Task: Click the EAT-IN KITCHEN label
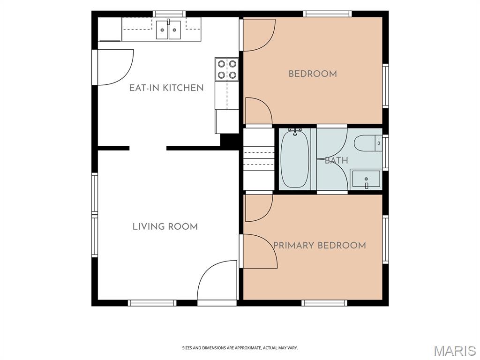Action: click(166, 88)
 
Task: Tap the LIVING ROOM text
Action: click(165, 226)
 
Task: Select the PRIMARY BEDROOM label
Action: click(319, 245)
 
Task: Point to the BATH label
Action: click(336, 160)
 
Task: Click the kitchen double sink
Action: click(168, 30)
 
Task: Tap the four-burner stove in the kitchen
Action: click(227, 69)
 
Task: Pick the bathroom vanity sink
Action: click(366, 179)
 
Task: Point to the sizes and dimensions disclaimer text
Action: click(240, 348)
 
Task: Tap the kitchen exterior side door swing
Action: click(115, 67)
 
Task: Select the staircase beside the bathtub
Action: click(259, 159)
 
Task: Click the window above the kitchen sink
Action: click(169, 14)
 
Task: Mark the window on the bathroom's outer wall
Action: click(385, 152)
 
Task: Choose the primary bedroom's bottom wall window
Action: click(324, 303)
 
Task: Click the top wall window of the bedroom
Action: click(328, 14)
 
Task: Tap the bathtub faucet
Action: click(295, 132)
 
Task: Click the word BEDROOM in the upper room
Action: click(313, 74)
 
